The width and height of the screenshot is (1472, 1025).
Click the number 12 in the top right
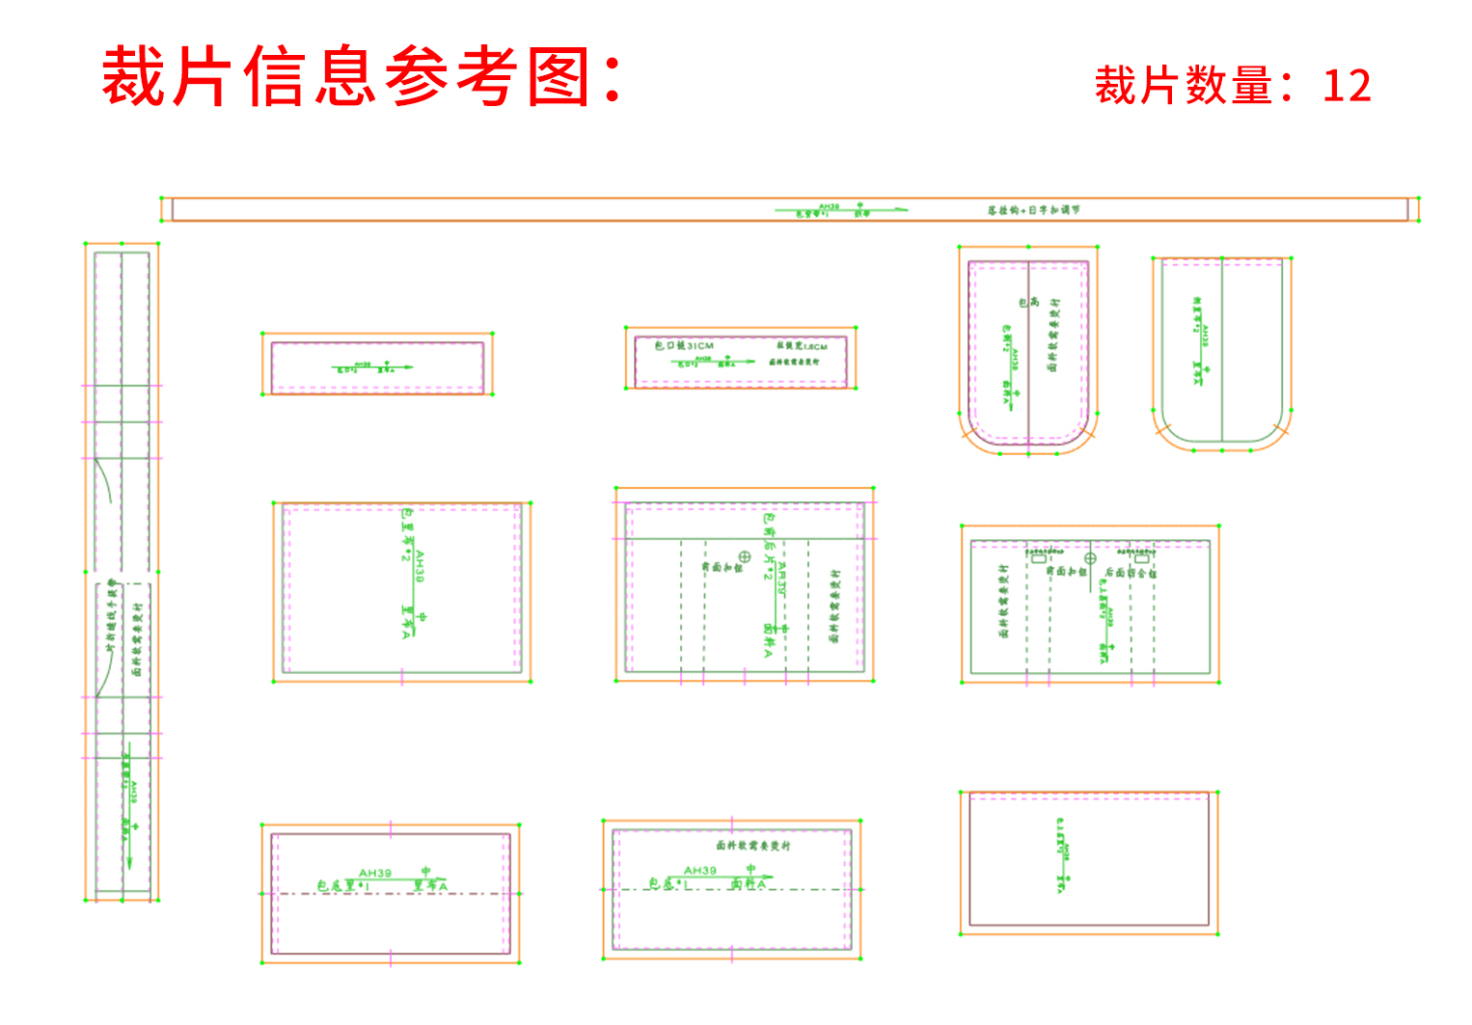(x=1347, y=86)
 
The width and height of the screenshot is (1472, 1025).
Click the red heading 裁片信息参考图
(x=362, y=76)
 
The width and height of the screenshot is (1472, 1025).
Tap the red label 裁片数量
(x=1184, y=86)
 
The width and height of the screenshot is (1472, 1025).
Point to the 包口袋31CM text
(x=684, y=345)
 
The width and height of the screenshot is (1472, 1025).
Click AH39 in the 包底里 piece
(x=375, y=873)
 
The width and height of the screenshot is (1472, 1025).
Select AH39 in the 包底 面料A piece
(x=700, y=870)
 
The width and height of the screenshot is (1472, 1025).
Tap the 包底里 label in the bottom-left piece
(x=338, y=885)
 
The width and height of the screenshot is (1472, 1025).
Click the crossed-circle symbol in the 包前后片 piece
(x=745, y=557)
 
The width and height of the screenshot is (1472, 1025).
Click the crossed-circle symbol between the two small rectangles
(x=1090, y=558)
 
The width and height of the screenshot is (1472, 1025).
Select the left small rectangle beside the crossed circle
(x=1039, y=557)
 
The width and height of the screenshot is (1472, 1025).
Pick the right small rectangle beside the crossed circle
(x=1141, y=557)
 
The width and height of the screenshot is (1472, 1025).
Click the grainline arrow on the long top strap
(x=839, y=209)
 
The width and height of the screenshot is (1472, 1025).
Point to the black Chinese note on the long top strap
(x=1033, y=210)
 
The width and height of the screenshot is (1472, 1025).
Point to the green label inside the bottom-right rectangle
(x=1062, y=854)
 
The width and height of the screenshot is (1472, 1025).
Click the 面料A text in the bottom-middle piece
(x=749, y=883)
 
